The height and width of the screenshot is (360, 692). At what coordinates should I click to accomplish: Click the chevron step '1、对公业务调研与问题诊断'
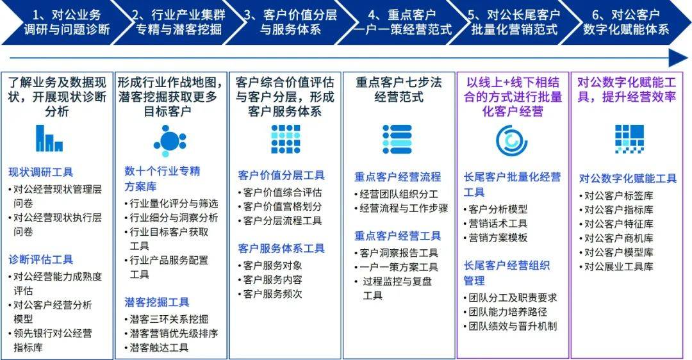(62, 22)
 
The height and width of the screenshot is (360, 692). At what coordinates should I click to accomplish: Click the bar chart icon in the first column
(49, 138)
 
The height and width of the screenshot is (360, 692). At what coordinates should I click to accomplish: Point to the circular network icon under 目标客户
(170, 139)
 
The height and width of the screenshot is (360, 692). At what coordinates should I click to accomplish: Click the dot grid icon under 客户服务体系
(285, 139)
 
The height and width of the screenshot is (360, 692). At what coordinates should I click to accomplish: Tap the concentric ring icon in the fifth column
(511, 139)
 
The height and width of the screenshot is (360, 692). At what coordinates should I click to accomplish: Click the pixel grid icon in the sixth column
(629, 138)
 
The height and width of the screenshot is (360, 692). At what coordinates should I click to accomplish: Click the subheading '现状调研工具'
(41, 172)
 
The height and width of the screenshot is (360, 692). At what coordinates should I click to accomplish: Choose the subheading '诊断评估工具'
(41, 259)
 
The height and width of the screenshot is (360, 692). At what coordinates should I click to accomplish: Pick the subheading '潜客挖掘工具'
(157, 302)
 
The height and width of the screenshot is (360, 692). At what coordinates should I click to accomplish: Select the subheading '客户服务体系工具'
(281, 248)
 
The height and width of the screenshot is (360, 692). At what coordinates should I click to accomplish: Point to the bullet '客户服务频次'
(272, 294)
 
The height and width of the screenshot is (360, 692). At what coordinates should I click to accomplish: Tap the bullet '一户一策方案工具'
(399, 267)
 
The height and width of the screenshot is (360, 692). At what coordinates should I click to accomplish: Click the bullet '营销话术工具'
(498, 223)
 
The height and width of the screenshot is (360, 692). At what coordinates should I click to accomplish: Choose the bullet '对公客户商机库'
(618, 238)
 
